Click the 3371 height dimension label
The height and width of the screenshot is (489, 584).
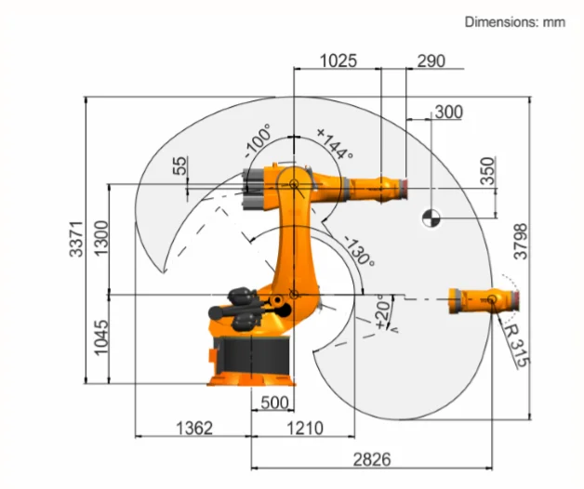(x=76, y=239)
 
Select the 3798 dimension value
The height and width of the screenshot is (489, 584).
(x=521, y=242)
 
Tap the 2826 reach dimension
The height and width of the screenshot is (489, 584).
(x=372, y=459)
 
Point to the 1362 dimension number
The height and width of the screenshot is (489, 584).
(x=194, y=429)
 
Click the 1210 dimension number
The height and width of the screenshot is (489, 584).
(x=305, y=429)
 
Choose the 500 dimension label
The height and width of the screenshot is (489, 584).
(x=274, y=403)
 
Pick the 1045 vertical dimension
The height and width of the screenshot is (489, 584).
(x=101, y=337)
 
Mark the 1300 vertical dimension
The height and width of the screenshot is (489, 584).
(x=101, y=238)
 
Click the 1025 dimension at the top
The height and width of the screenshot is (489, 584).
(x=338, y=60)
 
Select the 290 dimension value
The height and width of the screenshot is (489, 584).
(x=431, y=61)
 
